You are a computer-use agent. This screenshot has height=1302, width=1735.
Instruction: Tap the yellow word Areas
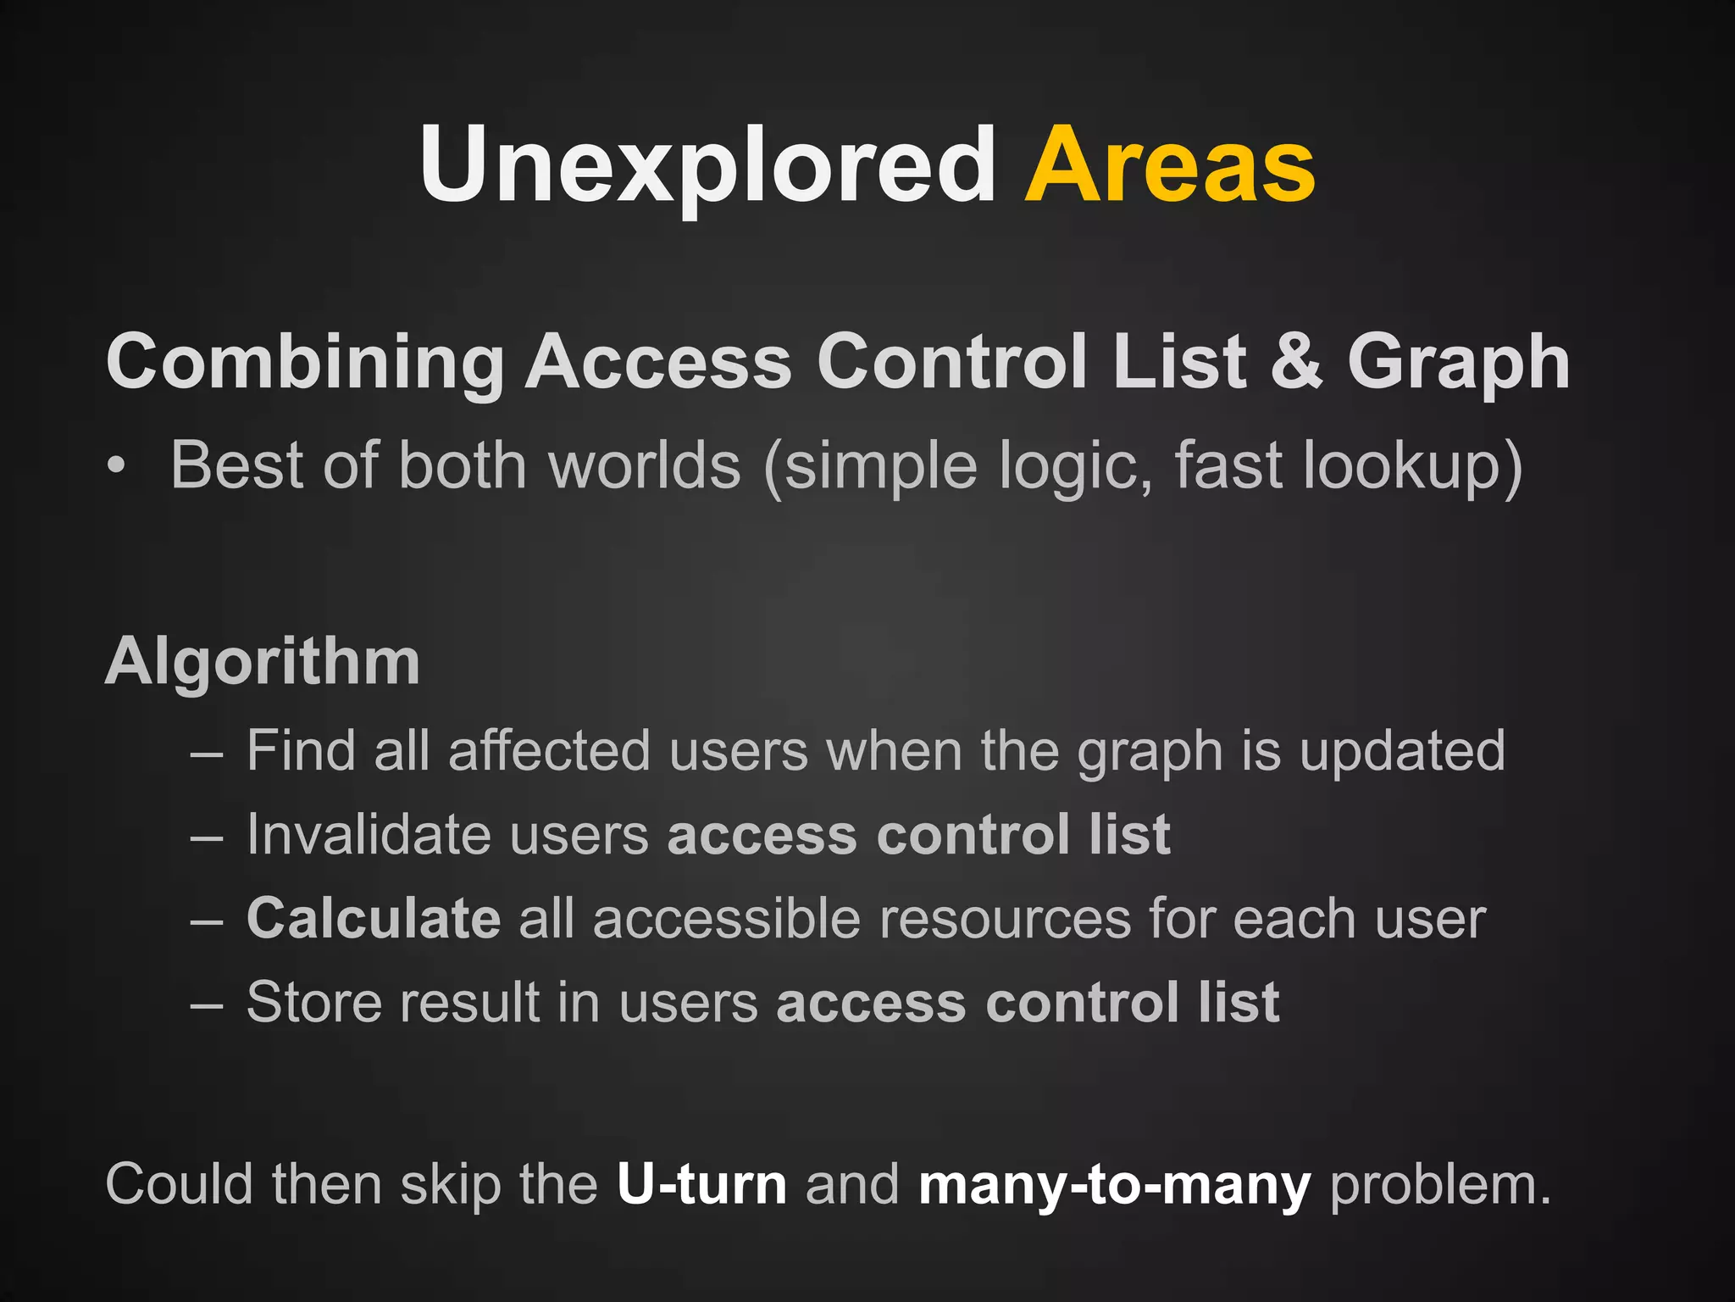click(1170, 165)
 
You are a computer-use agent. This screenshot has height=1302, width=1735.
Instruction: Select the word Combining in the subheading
click(305, 363)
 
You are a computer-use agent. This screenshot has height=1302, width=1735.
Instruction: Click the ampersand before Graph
click(1296, 361)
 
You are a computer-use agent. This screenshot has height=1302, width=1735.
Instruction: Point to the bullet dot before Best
click(117, 465)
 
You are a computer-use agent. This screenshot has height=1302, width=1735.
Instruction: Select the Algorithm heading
click(263, 661)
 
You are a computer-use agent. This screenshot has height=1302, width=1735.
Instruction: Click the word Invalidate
click(369, 835)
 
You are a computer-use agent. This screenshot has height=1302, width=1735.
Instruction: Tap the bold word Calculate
click(374, 919)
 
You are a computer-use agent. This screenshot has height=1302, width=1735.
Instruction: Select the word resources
click(1006, 919)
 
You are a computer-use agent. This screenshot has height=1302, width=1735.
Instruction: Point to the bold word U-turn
click(701, 1184)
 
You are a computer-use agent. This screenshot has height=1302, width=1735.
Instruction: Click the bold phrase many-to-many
click(1114, 1186)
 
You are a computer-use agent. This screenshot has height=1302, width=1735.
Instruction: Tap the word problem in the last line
click(1439, 1186)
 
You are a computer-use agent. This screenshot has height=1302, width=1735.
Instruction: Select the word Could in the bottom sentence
click(179, 1184)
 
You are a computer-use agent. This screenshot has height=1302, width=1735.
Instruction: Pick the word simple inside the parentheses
click(881, 467)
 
